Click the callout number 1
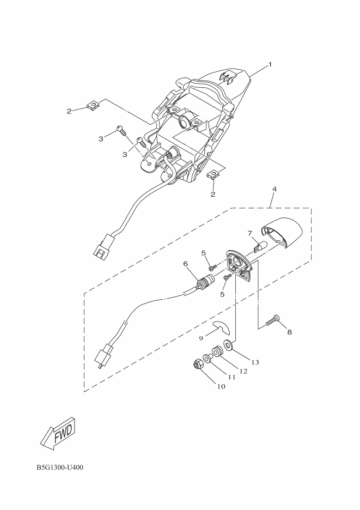click(x=270, y=64)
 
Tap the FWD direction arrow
click(x=60, y=432)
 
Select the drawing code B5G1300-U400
click(x=60, y=467)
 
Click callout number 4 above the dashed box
click(x=274, y=189)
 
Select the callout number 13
click(x=255, y=362)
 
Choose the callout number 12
click(x=243, y=371)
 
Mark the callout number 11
click(x=231, y=377)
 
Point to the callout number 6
click(x=185, y=264)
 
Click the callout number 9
click(x=200, y=338)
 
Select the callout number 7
click(x=249, y=233)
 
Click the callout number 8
click(x=289, y=332)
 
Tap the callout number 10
click(x=221, y=386)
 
